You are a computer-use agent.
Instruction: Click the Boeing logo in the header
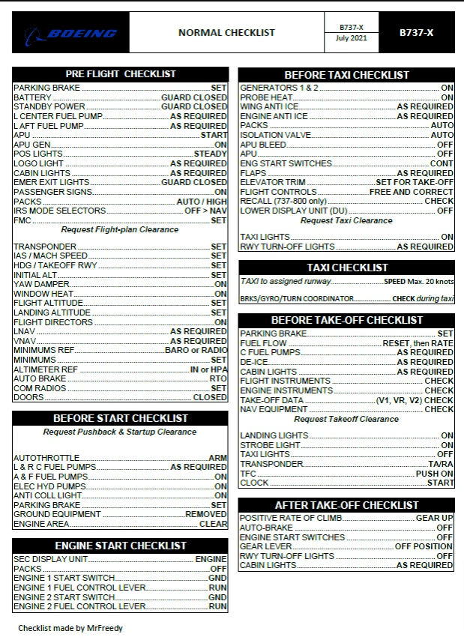pos(71,33)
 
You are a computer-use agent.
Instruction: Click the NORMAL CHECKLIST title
pos(226,32)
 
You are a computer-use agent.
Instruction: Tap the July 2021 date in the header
pos(351,38)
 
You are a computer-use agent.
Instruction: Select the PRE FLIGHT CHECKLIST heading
pos(121,74)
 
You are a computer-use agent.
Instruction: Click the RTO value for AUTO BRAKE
pos(218,379)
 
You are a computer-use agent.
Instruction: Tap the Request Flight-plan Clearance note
pos(120,230)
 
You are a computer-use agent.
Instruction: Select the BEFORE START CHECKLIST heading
pos(121,418)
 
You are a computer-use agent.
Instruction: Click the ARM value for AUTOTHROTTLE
pos(217,458)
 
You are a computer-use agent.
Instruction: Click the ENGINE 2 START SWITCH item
pos(64,597)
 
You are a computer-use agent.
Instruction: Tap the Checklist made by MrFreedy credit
pos(70,628)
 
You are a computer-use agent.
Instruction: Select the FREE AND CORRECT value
pos(412,192)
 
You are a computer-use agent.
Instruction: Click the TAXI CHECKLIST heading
pos(347,268)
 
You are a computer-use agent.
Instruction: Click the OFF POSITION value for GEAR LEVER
pos(424,546)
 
